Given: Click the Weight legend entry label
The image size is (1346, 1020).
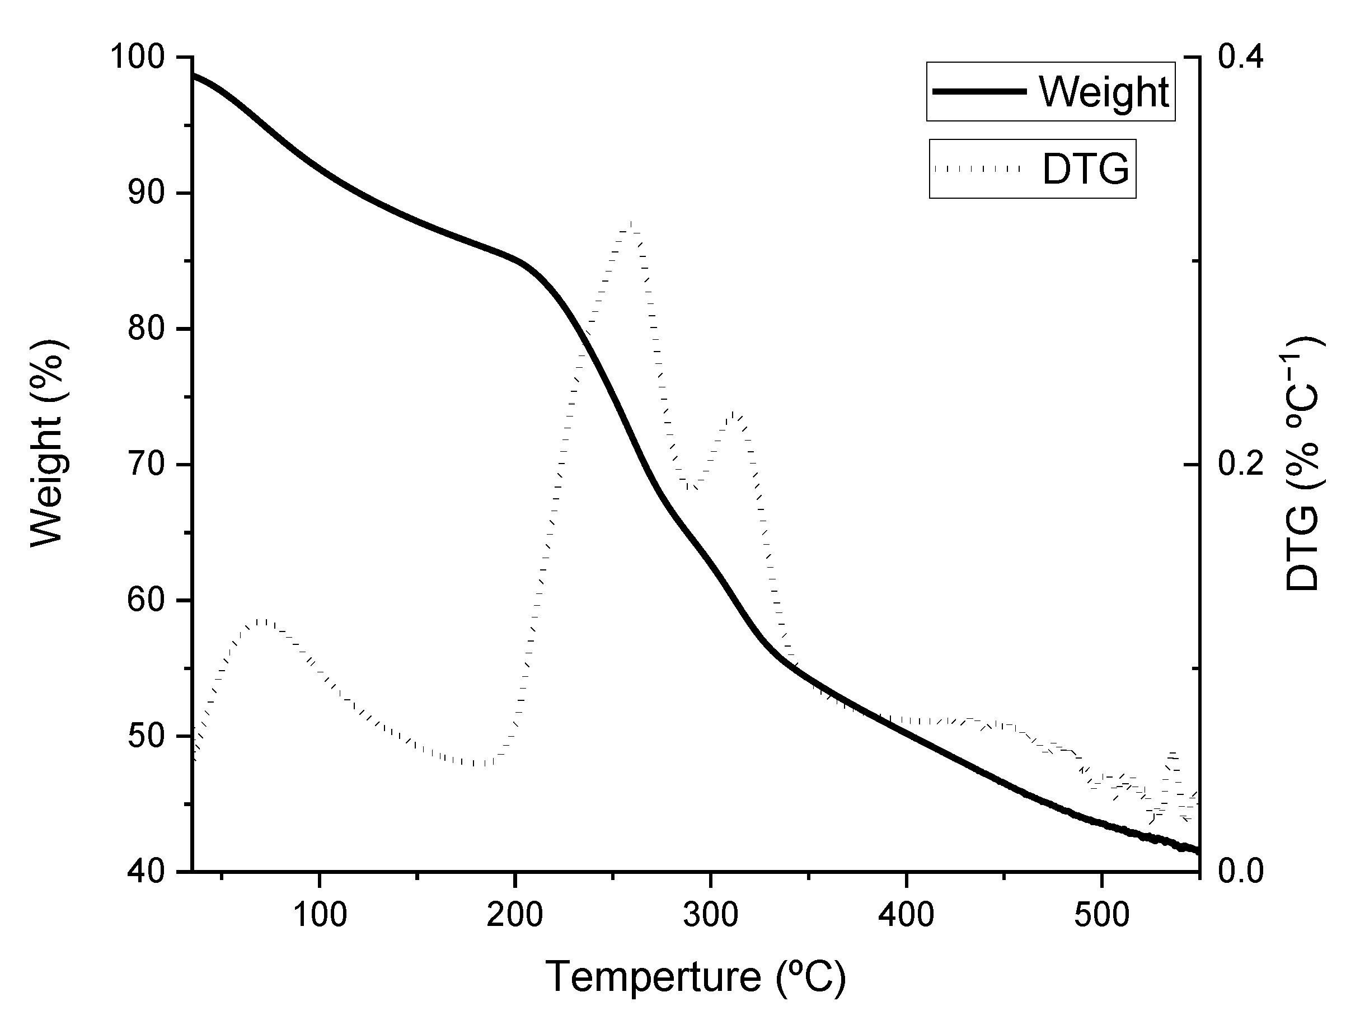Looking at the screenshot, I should (x=1103, y=92).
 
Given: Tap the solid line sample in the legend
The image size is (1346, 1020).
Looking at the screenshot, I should (x=979, y=91).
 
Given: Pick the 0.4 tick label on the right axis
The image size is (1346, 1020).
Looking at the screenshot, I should (x=1240, y=58).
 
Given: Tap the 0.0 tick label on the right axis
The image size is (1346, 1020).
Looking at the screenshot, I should (x=1240, y=872).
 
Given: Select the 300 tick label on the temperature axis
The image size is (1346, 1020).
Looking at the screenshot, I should (x=710, y=915).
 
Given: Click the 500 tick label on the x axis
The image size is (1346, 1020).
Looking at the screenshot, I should (x=1101, y=915).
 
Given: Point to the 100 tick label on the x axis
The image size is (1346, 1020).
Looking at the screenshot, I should (x=320, y=915).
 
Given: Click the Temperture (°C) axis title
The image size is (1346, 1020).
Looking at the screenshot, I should (x=695, y=977).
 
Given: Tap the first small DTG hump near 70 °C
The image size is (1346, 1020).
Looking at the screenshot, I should (x=263, y=621).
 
